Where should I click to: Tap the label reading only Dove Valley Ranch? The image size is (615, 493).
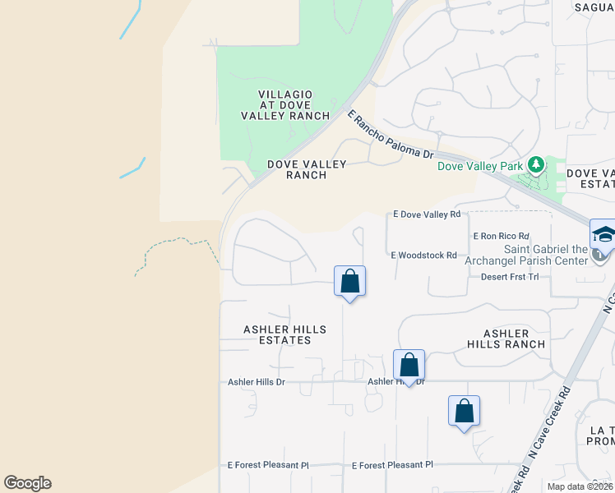307,169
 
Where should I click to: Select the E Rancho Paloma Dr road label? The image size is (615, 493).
390,136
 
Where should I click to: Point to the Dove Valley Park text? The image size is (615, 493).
480,166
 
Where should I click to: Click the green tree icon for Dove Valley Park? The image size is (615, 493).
536,165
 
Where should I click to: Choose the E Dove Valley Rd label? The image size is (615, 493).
427,214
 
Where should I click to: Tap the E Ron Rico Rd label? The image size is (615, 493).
502,236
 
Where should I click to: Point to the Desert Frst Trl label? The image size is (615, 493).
510,277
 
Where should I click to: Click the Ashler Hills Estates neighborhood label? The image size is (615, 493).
284,334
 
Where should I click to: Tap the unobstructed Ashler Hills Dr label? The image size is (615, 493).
256,382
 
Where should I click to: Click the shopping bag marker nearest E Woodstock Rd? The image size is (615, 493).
350,282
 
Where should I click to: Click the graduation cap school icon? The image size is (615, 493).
603,235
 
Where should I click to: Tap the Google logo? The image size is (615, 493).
27,483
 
